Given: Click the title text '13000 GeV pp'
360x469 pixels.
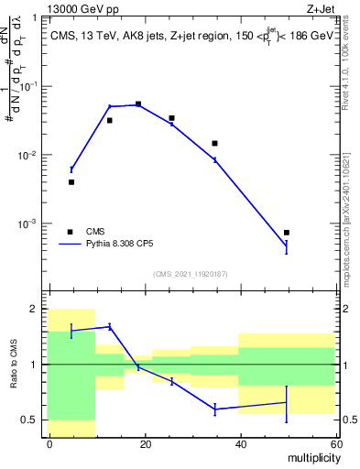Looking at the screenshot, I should pyautogui.click(x=78, y=8).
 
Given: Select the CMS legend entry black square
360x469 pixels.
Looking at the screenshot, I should pyautogui.click(x=71, y=232).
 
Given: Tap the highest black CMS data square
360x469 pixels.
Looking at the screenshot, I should pyautogui.click(x=138, y=104).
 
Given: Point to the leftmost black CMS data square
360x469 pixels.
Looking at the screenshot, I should pyautogui.click(x=71, y=182).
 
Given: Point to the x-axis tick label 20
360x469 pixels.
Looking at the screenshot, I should pyautogui.click(x=145, y=443).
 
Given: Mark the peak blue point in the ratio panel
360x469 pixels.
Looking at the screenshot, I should pyautogui.click(x=110, y=326).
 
